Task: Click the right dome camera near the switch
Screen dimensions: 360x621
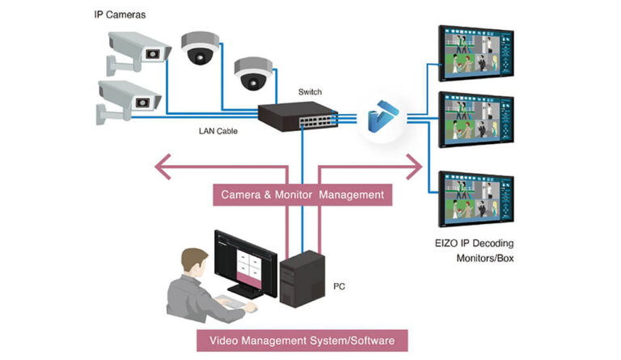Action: [250, 74]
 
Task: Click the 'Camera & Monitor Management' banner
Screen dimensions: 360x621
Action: [302, 195]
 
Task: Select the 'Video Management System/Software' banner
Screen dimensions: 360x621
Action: [302, 340]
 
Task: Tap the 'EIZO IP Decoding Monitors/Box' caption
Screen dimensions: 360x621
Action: [474, 250]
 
